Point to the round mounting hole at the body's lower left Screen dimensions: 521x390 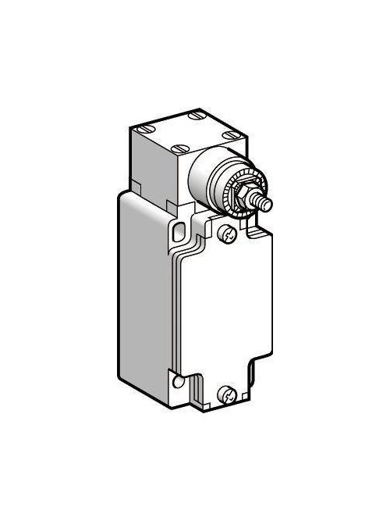tap(179, 381)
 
